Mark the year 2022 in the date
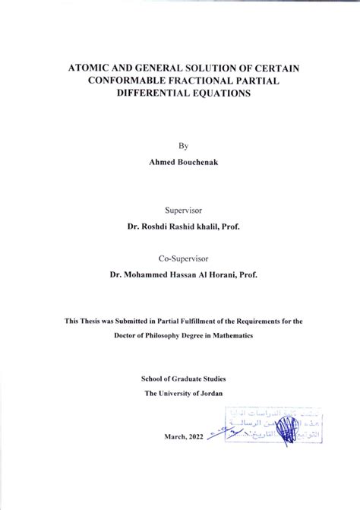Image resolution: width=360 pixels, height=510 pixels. click(x=193, y=436)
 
